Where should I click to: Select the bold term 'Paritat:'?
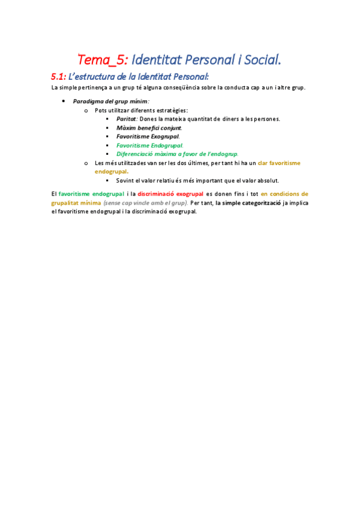tap(127, 119)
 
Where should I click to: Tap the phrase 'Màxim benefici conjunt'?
tap(149, 128)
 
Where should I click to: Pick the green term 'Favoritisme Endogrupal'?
tap(149, 145)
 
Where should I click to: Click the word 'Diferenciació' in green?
tap(137, 154)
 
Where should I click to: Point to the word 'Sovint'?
tap(125, 180)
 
